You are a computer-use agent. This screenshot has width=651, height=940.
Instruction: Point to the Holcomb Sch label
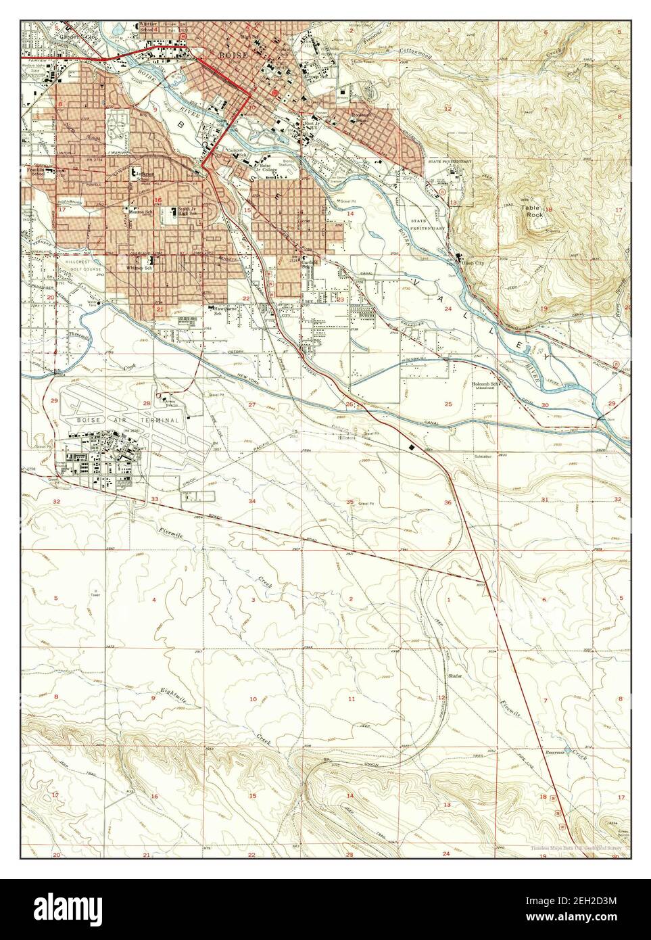coord(485,385)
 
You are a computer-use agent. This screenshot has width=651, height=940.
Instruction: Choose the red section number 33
coord(155,499)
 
